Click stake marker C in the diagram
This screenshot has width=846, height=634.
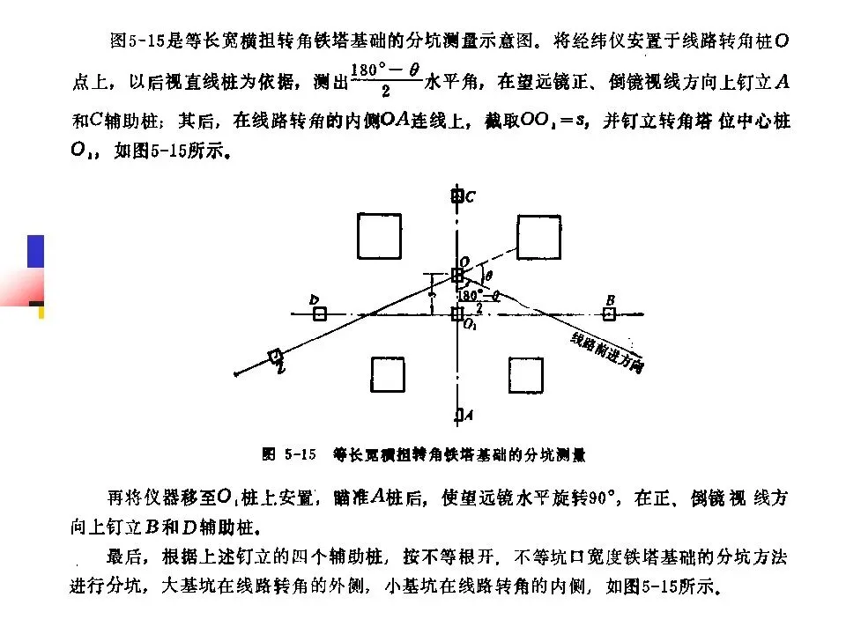coord(456,196)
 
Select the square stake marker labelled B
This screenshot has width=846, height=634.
coord(609,313)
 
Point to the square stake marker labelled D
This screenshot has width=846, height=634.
coord(320,313)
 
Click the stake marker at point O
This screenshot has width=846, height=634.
coord(457,275)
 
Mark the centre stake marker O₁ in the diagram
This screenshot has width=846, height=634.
coord(456,314)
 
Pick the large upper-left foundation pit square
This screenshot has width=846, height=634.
coord(379,235)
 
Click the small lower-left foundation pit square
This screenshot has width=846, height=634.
coord(388,374)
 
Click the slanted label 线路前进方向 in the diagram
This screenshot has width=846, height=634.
coord(606,353)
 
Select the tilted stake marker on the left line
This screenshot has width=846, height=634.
coord(275,356)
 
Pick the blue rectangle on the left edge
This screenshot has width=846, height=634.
coord(35,251)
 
